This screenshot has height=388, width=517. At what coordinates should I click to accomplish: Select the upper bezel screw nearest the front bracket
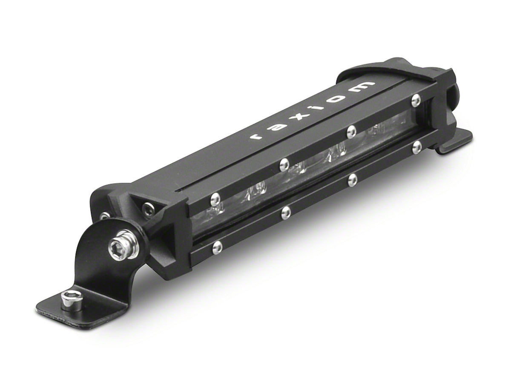[215, 197]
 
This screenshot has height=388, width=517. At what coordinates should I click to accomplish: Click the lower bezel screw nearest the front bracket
[218, 246]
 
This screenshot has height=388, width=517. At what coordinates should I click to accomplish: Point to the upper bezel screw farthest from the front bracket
[416, 100]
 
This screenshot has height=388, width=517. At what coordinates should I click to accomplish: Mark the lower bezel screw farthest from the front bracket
[417, 147]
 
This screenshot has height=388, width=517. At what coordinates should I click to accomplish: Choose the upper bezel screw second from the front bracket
[285, 163]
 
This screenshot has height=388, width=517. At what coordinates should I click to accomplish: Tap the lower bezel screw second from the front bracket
[286, 212]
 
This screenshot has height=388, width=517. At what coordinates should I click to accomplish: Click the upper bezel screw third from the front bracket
[351, 131]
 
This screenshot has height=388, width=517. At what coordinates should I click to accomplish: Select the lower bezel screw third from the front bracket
[353, 179]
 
